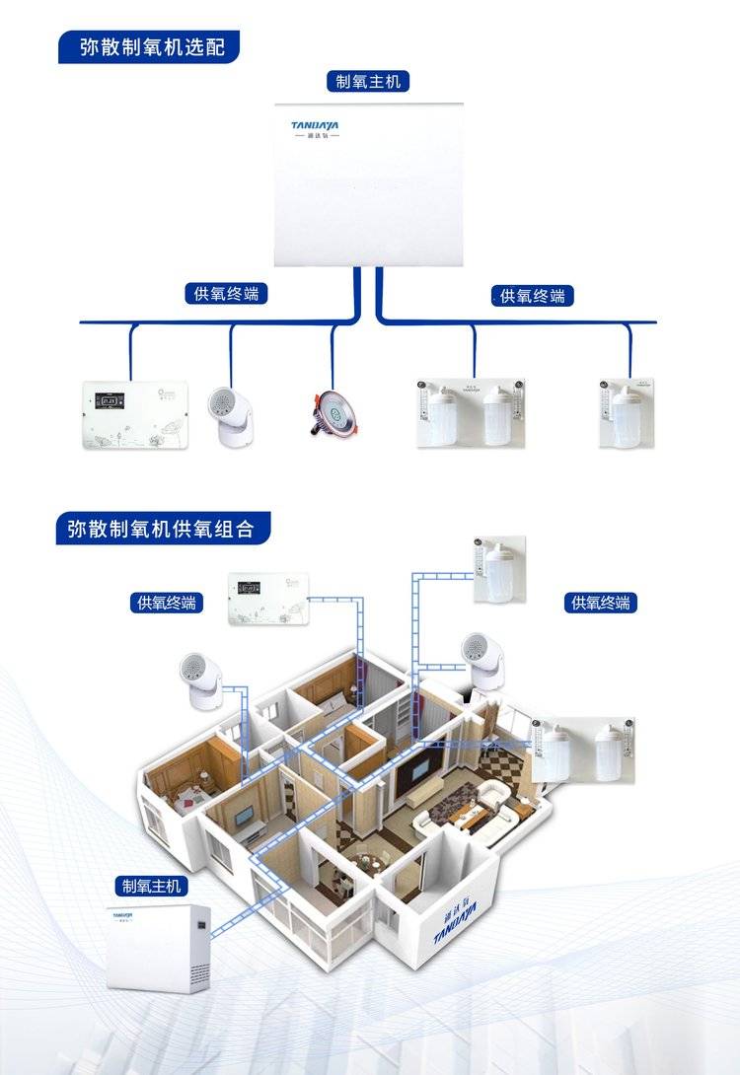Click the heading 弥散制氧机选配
click(x=148, y=46)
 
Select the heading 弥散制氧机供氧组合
click(x=161, y=529)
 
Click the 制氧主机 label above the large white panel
click(x=368, y=81)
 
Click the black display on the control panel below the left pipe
click(x=107, y=401)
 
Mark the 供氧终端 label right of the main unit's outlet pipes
click(x=533, y=295)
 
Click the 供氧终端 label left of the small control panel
click(x=167, y=602)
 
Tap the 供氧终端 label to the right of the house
click(x=601, y=602)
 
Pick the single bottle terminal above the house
click(x=499, y=572)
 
